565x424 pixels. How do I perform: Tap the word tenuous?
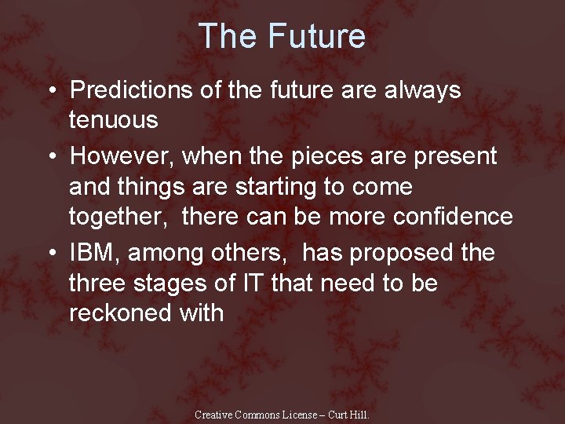114,120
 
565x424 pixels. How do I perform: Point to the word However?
122,156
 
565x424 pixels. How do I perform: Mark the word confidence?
447,217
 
